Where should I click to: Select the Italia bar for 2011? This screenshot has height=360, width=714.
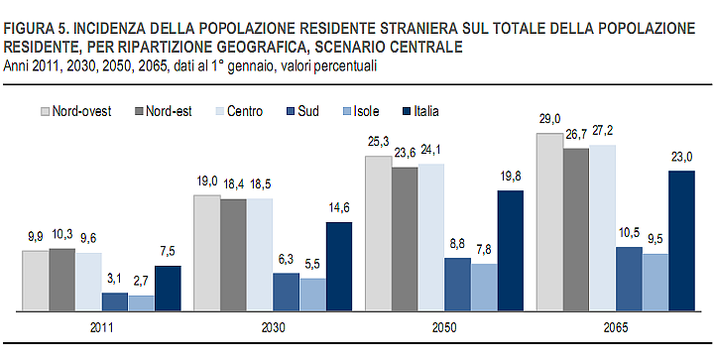169,289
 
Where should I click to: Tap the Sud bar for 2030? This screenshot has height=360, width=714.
287,293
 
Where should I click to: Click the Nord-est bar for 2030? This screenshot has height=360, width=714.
233,255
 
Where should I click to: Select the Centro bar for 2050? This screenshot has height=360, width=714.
431,238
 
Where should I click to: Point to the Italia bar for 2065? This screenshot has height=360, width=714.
683,241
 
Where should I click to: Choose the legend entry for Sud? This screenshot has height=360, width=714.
303,111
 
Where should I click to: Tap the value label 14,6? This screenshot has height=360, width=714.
339,208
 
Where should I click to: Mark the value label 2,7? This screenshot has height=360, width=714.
142,282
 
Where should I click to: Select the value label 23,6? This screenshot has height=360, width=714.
405,153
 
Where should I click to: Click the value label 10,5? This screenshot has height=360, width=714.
631,233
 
